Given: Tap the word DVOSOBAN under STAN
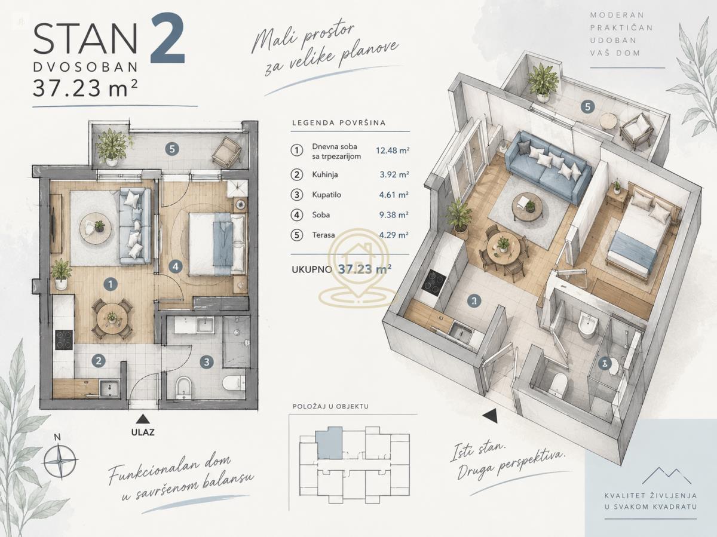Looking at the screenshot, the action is (85, 67).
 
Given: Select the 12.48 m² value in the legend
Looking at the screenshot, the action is (393, 151).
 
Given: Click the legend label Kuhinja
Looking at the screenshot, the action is (325, 174).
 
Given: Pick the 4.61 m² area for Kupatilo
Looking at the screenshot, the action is (394, 195).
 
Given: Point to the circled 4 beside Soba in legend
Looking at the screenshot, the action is (296, 215).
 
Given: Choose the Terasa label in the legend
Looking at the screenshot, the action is (323, 235).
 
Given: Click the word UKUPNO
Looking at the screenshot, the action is (312, 269).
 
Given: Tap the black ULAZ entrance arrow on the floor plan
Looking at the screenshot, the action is (142, 419).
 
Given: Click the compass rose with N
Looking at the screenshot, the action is (60, 460).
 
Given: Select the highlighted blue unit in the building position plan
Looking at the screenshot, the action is (329, 443).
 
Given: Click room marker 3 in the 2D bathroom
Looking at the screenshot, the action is (207, 362).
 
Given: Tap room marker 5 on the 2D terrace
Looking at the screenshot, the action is (172, 149).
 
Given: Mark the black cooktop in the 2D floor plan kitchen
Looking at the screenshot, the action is (64, 340).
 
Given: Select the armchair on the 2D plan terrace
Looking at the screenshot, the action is (226, 151).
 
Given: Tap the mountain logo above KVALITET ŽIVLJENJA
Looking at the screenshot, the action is (667, 476).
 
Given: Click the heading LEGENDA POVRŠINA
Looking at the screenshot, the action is (339, 123).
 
